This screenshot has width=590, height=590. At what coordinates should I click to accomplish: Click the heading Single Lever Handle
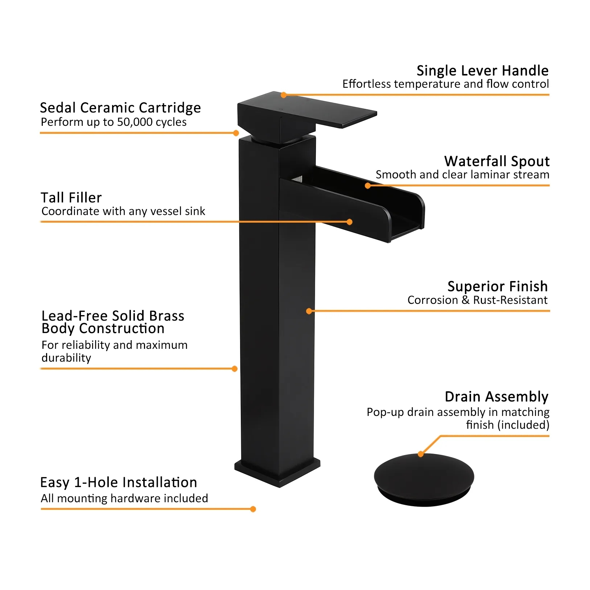click(482, 71)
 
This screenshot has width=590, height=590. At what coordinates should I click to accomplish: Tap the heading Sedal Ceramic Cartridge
click(120, 108)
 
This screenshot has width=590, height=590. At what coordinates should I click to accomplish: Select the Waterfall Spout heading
click(497, 161)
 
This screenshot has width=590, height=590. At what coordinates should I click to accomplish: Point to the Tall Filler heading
click(71, 198)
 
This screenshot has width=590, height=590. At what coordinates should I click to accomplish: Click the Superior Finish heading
click(498, 286)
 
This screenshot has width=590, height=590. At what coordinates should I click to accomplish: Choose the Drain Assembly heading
click(496, 397)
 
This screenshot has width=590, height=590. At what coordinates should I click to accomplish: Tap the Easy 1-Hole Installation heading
click(119, 482)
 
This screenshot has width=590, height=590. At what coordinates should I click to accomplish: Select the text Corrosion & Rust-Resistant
click(477, 300)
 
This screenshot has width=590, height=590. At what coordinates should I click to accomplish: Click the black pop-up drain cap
click(424, 479)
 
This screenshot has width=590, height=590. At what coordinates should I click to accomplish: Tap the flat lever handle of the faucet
click(307, 113)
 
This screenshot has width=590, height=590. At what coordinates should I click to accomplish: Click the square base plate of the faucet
click(277, 471)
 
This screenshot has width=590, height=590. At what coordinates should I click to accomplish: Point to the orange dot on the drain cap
click(421, 454)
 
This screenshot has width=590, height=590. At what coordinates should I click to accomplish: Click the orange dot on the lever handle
click(284, 95)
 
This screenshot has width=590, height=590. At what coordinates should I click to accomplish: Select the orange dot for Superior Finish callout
click(309, 311)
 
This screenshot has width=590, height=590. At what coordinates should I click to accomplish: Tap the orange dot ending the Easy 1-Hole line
click(253, 509)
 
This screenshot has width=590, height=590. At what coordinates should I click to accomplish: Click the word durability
click(66, 358)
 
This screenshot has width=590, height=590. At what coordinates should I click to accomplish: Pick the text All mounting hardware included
click(124, 499)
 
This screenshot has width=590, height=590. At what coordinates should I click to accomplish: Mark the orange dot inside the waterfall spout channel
click(368, 186)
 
